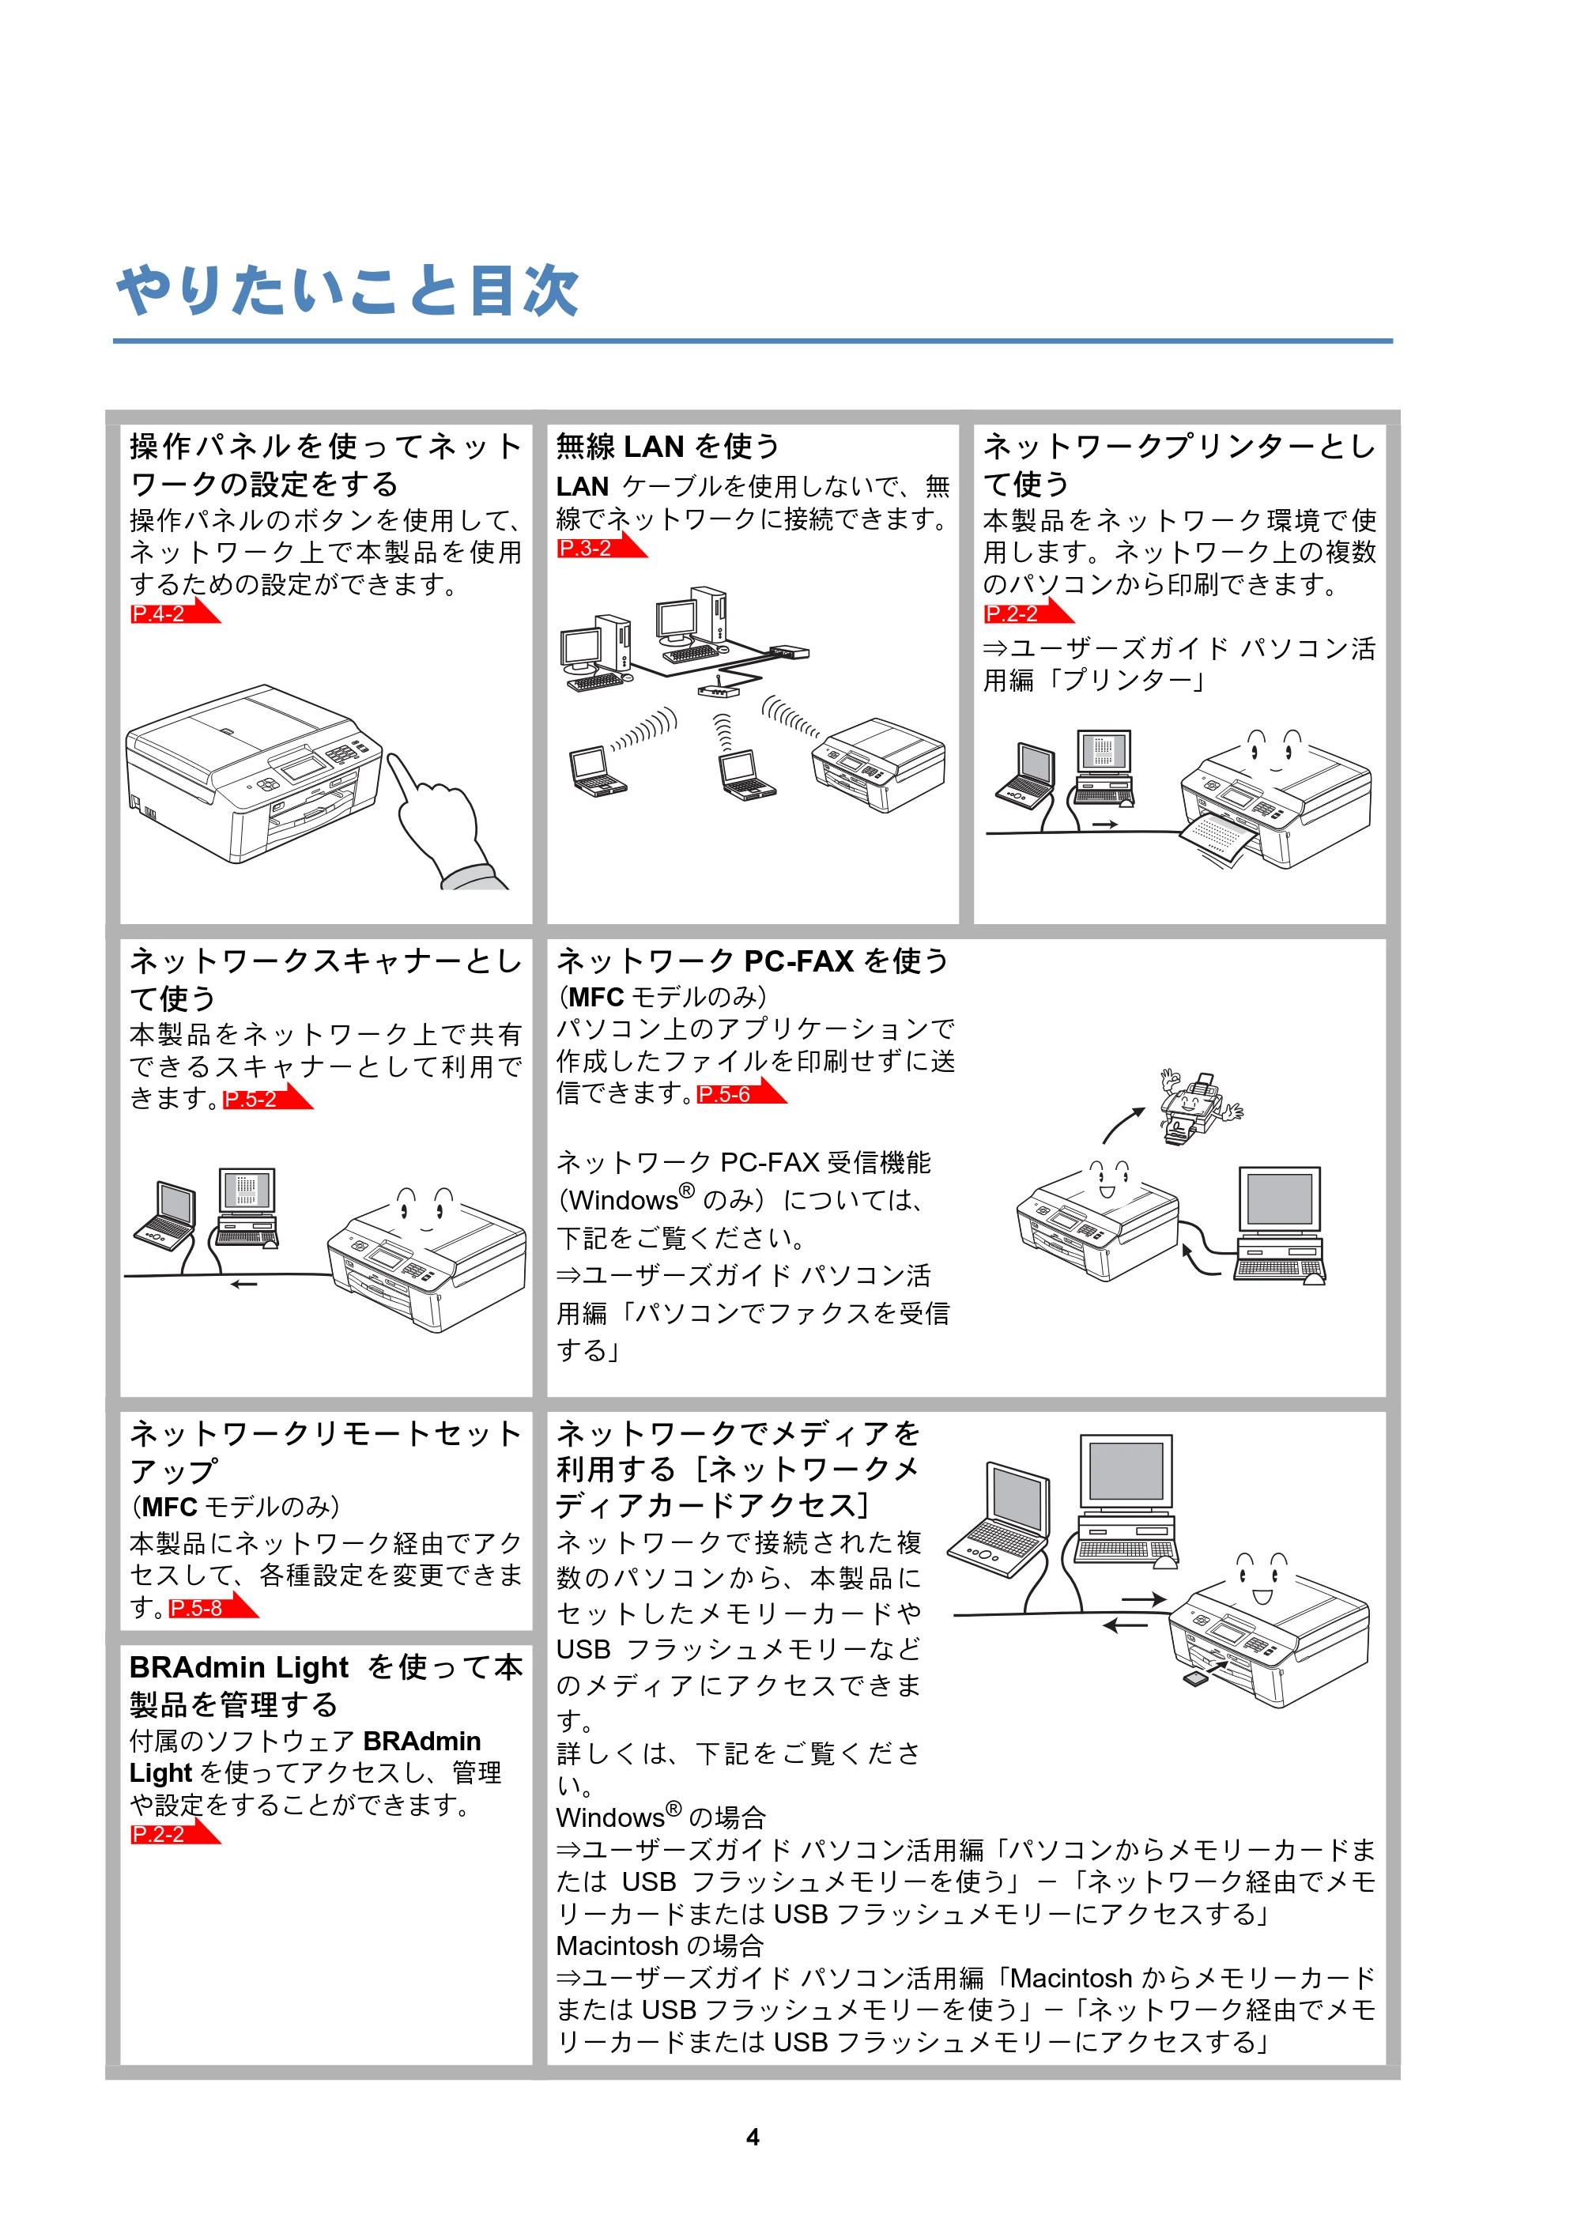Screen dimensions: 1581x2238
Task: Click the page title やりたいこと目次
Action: coord(347,290)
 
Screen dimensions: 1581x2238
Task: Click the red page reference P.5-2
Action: coord(251,1100)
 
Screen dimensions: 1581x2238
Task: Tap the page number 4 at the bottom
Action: coord(753,2137)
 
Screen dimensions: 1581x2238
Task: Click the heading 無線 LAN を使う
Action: coord(668,447)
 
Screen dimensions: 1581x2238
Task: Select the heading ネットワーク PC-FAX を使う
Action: coord(753,961)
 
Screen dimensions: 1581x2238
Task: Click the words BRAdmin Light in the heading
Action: coord(239,1668)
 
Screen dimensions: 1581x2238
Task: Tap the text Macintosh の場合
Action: coord(660,1946)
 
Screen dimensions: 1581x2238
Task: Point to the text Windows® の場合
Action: coord(661,1817)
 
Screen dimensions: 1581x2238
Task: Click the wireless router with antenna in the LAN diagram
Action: coord(718,689)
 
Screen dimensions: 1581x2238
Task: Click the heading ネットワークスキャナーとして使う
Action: coord(326,979)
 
